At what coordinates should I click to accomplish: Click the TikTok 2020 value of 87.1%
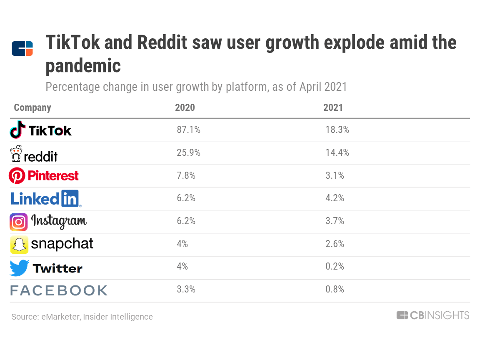click(x=188, y=130)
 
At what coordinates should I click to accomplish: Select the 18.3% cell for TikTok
click(x=337, y=130)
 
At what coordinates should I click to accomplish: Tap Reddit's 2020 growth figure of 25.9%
click(x=188, y=153)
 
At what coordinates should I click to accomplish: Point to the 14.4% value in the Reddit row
click(x=337, y=153)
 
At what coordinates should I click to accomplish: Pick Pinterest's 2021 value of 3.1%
click(x=335, y=176)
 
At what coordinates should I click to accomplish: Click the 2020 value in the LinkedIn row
click(x=186, y=199)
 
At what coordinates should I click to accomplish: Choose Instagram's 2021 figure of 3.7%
click(x=335, y=221)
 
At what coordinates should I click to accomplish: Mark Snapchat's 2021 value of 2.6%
click(x=335, y=244)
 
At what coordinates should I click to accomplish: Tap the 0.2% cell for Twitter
click(x=335, y=267)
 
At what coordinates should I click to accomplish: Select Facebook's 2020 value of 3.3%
click(x=186, y=290)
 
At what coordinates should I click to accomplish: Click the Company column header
click(x=32, y=107)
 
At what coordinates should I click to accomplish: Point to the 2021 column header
click(x=333, y=107)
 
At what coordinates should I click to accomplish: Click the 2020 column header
click(x=185, y=107)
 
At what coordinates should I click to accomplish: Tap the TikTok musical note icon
click(x=17, y=130)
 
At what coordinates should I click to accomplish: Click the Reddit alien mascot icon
click(x=16, y=154)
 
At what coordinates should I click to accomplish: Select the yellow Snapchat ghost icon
click(x=19, y=245)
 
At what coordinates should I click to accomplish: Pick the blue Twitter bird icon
click(x=19, y=268)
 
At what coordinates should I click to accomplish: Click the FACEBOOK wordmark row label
click(x=59, y=290)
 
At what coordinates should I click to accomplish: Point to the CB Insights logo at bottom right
click(x=433, y=315)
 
